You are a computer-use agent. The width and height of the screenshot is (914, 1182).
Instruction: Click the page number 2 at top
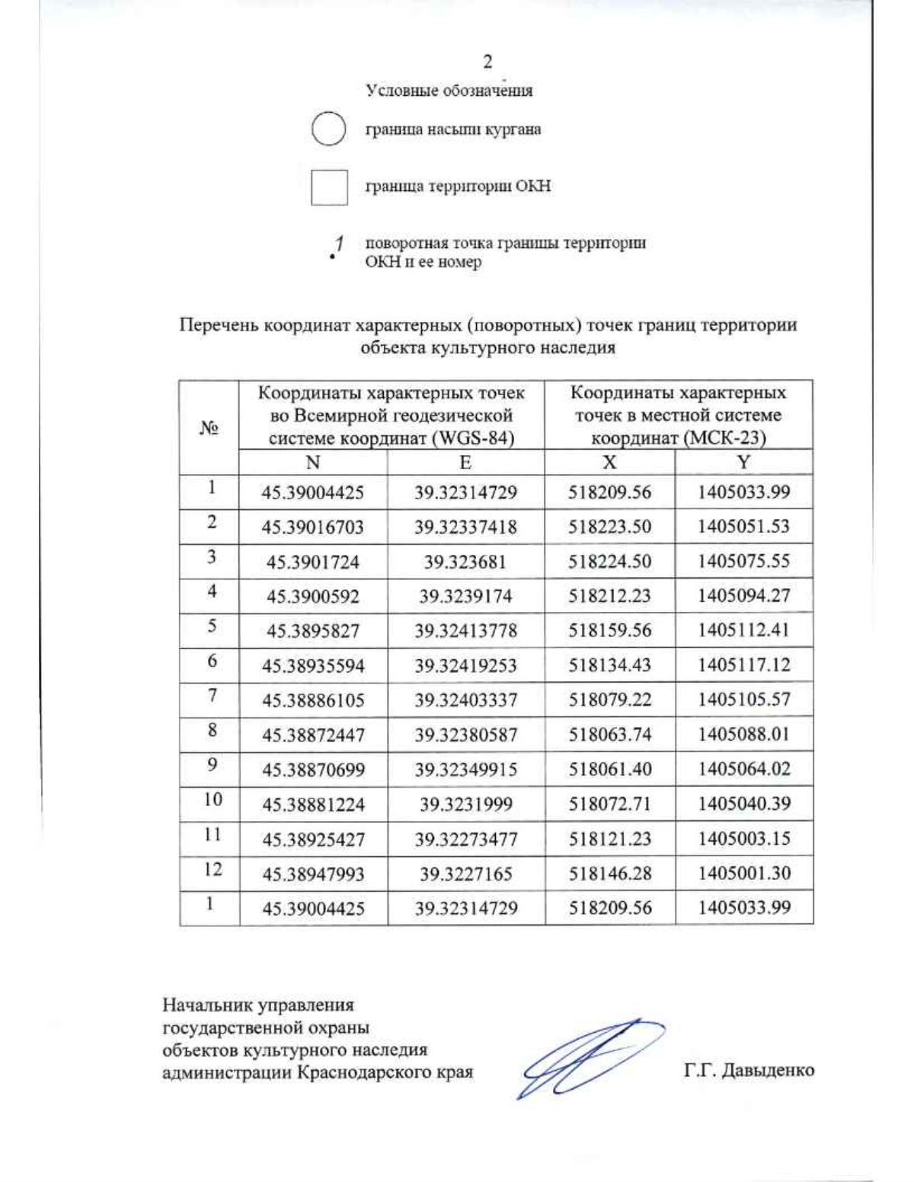[487, 62]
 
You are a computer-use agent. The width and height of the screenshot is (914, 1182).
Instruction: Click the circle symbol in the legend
[329, 129]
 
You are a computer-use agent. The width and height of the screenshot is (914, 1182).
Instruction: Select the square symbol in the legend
[329, 187]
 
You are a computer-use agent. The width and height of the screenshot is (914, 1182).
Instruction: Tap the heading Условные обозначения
[449, 91]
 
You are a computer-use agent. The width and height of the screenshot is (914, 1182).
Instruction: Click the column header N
[313, 463]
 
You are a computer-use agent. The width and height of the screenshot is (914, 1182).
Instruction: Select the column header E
[465, 463]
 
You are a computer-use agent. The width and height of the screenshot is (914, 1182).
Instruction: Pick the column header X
[609, 463]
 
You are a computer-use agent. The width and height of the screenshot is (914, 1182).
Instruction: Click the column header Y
[743, 463]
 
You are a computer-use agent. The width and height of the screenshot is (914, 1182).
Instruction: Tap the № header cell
[209, 429]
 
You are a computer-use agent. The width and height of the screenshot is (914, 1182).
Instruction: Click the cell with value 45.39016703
[313, 527]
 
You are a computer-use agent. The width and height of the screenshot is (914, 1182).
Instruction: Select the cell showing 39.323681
[465, 562]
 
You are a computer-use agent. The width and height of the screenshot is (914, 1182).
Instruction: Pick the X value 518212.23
[609, 596]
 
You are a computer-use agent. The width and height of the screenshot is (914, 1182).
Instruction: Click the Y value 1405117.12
[743, 665]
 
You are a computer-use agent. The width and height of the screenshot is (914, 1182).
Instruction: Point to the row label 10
[213, 799]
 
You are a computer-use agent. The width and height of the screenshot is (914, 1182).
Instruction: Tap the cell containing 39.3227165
[465, 874]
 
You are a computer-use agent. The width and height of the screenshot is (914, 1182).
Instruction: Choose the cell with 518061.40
[609, 769]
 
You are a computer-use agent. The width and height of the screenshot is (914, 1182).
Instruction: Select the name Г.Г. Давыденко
[749, 1070]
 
